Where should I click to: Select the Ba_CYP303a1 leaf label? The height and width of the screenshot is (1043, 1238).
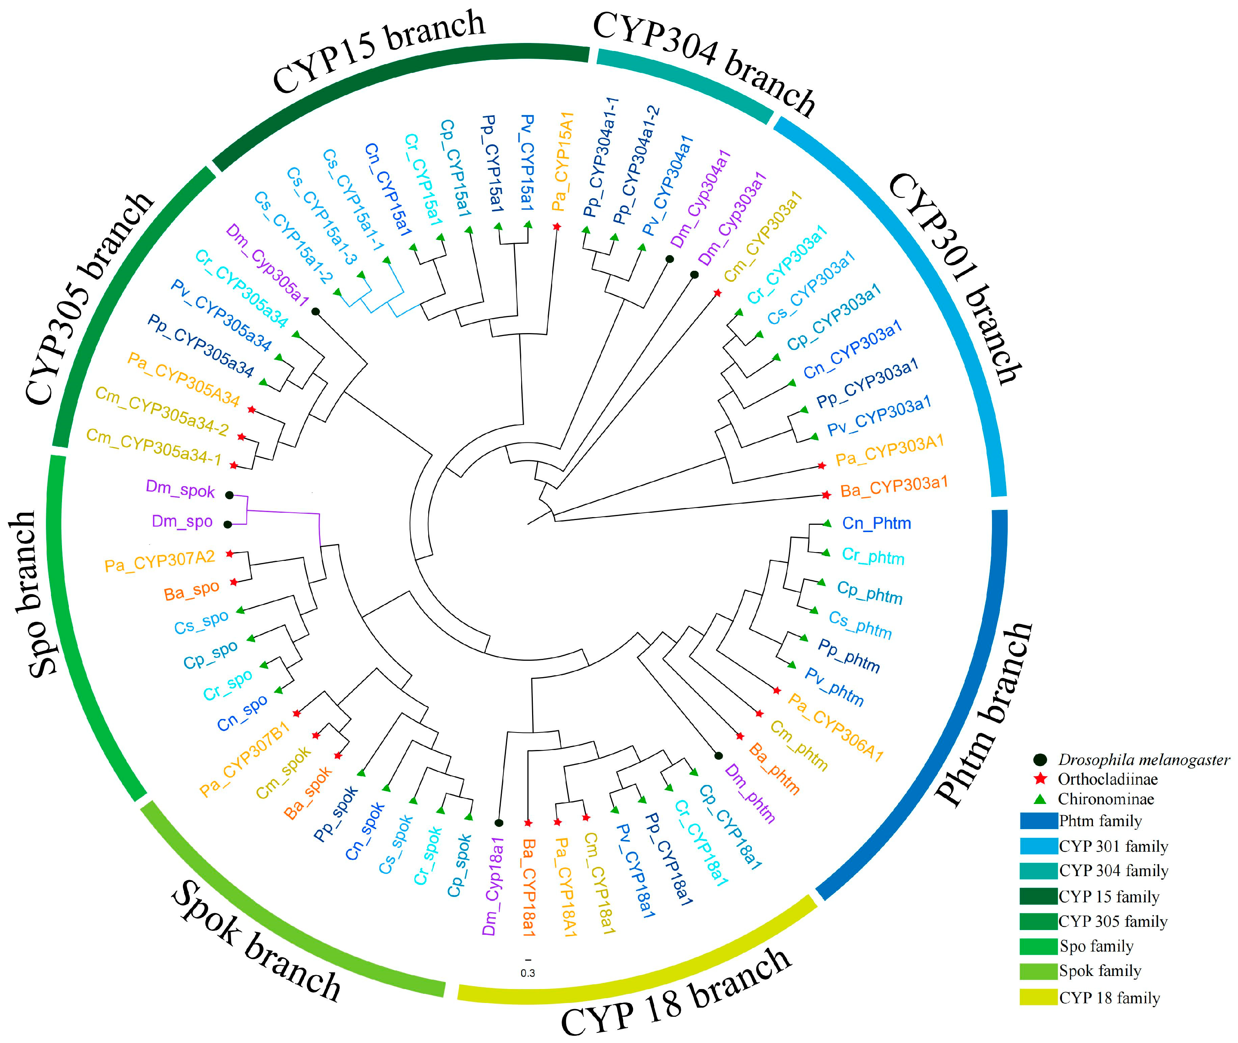click(894, 487)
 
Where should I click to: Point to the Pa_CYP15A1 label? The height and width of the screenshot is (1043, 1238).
click(562, 161)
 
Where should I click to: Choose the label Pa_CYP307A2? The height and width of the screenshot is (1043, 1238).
click(160, 561)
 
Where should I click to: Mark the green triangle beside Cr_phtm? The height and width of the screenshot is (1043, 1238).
click(826, 553)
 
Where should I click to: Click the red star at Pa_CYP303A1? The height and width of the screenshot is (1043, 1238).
click(821, 466)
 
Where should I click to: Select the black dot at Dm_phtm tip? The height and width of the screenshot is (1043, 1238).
click(718, 755)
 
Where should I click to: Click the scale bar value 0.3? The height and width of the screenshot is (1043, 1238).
click(527, 973)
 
